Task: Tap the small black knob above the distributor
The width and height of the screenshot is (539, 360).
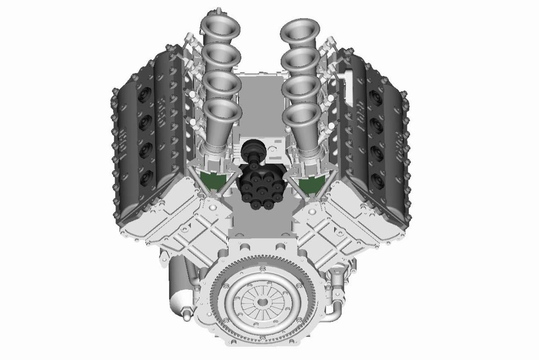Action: coord(250,148)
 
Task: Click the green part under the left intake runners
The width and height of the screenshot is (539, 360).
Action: coord(214,180)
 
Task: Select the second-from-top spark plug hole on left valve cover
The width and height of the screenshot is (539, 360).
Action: coord(145,121)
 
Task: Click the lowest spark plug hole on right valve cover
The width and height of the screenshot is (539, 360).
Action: coord(376,180)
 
